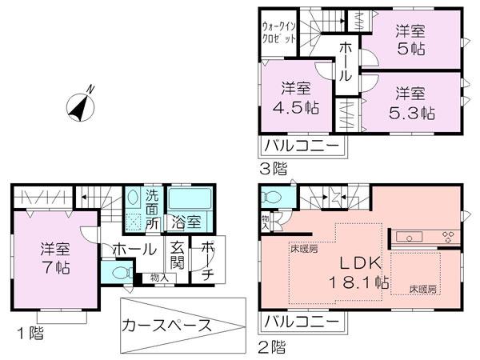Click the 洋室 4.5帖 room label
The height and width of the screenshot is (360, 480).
297,98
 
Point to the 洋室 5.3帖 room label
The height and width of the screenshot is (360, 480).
413,102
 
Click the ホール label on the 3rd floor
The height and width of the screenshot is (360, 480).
344,60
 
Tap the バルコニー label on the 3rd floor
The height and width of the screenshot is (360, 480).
302,147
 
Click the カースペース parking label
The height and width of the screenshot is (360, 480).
166,326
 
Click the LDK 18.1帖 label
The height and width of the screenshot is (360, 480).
356,272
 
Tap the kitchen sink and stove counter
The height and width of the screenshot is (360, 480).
424,236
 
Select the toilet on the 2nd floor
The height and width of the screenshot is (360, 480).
273,196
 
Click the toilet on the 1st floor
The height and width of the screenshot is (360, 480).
121,273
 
